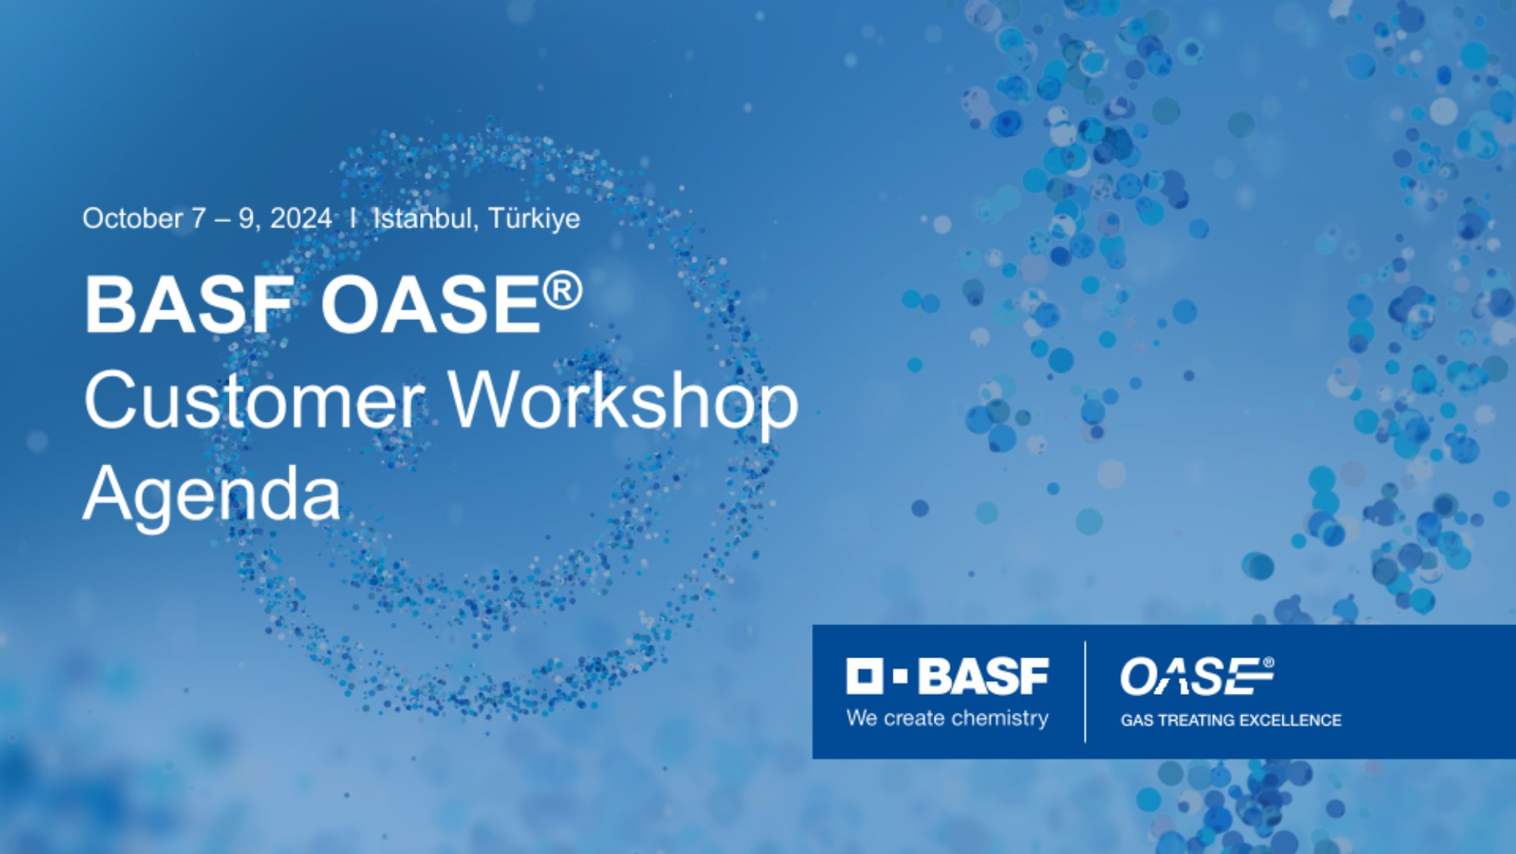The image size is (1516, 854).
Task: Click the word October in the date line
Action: [133, 218]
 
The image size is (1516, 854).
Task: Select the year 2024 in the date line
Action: [301, 218]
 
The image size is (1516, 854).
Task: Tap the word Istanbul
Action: [424, 218]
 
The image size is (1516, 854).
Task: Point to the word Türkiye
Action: [534, 218]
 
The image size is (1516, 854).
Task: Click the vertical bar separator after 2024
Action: [353, 218]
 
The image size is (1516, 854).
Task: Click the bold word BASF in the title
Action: [189, 304]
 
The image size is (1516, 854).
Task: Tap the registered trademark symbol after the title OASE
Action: [562, 291]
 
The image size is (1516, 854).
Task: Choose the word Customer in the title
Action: [253, 400]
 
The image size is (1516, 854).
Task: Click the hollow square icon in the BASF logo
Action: [864, 676]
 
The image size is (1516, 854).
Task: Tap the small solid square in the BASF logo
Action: [901, 677]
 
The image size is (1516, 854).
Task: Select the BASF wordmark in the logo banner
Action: [983, 676]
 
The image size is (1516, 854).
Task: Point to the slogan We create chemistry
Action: [947, 718]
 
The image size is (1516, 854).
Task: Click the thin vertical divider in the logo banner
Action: [1085, 692]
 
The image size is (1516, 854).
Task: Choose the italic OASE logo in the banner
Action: [1197, 677]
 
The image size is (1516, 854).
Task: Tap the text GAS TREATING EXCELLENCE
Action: [1231, 721]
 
